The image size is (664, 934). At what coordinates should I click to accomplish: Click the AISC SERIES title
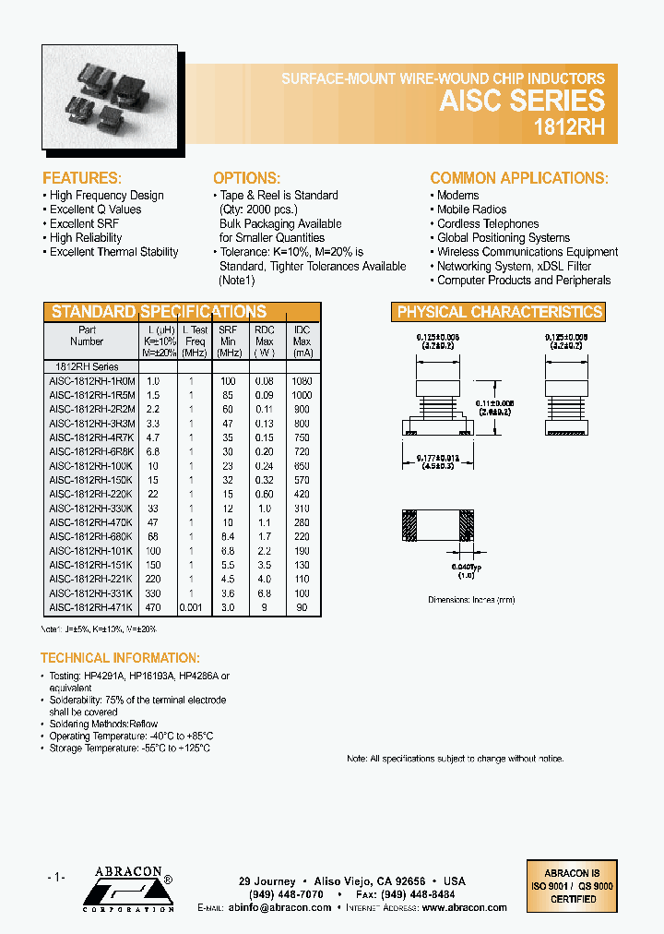[522, 101]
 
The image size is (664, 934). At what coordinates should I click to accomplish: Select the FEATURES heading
[82, 178]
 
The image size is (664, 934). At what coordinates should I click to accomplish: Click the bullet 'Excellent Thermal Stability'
[113, 252]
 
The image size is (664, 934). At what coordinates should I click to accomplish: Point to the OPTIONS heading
[246, 178]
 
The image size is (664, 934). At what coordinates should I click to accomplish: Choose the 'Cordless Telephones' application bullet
[488, 223]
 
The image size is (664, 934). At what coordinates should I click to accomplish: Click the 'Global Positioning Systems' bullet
[504, 238]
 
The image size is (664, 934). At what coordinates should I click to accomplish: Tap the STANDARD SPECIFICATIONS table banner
[159, 312]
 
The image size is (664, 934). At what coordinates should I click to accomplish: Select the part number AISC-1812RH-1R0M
[91, 381]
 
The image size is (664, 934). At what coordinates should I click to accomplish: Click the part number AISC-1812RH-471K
[91, 609]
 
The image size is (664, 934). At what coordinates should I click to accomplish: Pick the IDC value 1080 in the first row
[302, 381]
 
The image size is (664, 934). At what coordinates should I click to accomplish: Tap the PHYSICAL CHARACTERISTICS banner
[499, 312]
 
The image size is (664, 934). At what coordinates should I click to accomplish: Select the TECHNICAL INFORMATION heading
[120, 658]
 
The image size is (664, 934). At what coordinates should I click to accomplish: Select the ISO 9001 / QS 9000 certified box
[571, 886]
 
